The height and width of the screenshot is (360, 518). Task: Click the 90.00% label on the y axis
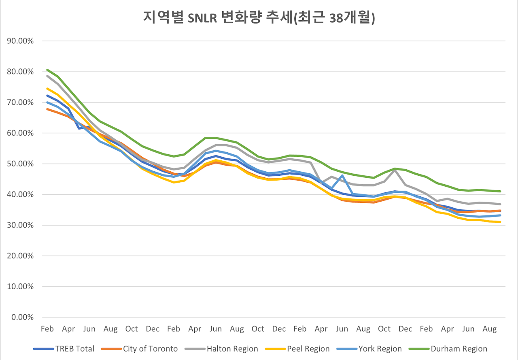click(x=20, y=41)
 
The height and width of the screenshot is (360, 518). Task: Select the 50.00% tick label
click(x=20, y=164)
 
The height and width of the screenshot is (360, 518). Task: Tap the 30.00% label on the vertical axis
click(x=20, y=225)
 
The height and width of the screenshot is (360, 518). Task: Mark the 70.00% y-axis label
click(x=20, y=102)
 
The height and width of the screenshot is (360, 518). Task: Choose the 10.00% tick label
click(x=20, y=287)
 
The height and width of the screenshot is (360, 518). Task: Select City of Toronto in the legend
click(x=150, y=349)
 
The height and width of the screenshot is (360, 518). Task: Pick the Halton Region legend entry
click(x=232, y=349)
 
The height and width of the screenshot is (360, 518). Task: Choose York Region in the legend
click(x=380, y=349)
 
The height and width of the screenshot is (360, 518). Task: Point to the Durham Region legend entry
click(x=459, y=349)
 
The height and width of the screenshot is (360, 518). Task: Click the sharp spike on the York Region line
click(x=342, y=175)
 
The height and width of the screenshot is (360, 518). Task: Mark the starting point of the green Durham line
click(x=47, y=70)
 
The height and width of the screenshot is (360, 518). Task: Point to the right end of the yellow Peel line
click(x=501, y=222)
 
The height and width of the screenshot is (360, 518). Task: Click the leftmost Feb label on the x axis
click(x=47, y=329)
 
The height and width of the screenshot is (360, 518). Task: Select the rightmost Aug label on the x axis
click(x=490, y=329)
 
